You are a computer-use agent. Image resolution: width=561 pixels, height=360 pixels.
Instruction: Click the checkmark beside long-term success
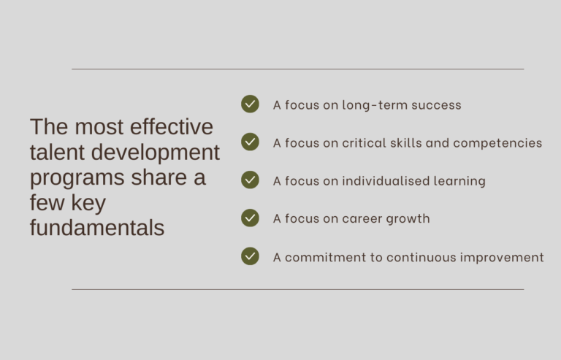coord(250,104)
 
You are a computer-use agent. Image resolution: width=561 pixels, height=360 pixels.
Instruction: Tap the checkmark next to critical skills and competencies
coord(250,142)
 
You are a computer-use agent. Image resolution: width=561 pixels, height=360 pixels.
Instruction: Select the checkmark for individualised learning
coord(250,180)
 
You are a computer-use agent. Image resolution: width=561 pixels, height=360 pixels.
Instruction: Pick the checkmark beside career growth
coord(250,218)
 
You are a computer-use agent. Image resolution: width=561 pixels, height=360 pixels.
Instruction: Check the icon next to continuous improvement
coord(250,256)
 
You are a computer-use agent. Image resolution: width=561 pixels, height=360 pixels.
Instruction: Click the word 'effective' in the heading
coord(172,126)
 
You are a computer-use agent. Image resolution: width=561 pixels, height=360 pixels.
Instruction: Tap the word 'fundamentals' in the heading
coord(97,228)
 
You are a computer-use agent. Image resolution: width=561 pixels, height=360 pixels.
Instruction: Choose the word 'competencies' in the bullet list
coord(497,142)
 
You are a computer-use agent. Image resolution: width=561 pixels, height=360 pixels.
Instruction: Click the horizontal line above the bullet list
coord(297,69)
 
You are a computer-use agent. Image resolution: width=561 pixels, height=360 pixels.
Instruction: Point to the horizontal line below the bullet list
coord(297,289)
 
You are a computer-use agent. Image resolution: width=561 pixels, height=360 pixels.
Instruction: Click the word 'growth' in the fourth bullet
coord(408,218)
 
